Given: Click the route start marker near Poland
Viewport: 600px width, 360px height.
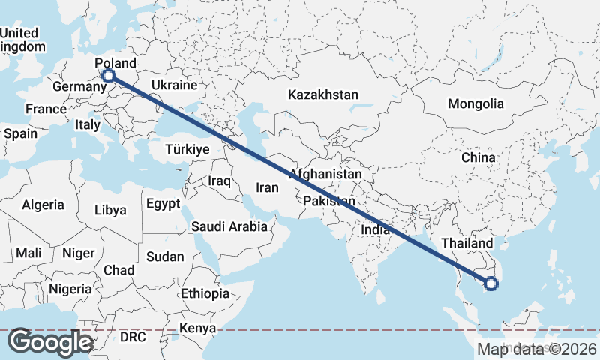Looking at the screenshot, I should coord(109,76).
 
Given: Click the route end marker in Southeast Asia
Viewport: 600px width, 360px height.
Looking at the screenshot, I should coord(491,283).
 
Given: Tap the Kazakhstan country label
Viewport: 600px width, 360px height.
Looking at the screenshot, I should coord(324,95).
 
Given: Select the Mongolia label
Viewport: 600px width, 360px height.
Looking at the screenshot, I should coord(475,103).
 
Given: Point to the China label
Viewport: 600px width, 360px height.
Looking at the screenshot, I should coord(478,158).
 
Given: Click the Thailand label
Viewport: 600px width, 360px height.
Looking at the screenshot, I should coord(467,244).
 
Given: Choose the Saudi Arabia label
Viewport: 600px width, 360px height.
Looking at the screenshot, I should coord(229,226).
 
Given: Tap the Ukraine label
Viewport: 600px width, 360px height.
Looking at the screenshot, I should coord(174,85).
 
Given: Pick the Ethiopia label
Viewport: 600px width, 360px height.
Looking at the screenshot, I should coord(205,293).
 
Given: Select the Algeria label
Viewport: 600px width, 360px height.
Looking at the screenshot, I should coord(43,205).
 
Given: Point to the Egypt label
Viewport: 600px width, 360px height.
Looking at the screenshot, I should coord(163,203).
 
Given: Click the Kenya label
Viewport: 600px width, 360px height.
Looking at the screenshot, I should coord(199,328).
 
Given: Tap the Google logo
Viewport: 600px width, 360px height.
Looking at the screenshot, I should coord(50,342).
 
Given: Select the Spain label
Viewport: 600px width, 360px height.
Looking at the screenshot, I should coord(20,133).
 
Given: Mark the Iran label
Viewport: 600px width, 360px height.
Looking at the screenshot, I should coord(268,188).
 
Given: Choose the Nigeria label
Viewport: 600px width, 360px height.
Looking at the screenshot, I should coord(70,289).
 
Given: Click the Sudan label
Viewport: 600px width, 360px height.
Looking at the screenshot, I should coord(165,256).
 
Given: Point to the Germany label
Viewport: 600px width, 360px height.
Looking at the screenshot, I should coord(79,87).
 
